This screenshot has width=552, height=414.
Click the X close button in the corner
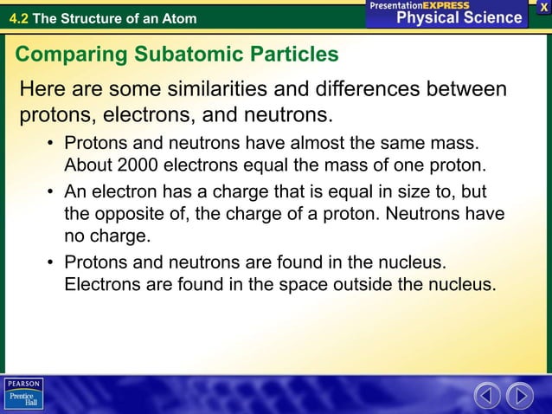click(x=543, y=7)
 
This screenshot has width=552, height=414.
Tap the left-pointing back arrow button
click(x=487, y=396)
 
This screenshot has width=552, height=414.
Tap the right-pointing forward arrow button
click(x=520, y=396)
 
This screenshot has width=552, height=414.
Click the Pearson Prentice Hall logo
click(x=22, y=394)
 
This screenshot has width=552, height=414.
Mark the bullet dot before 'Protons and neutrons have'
click(x=52, y=142)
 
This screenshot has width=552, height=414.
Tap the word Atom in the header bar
click(x=180, y=18)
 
